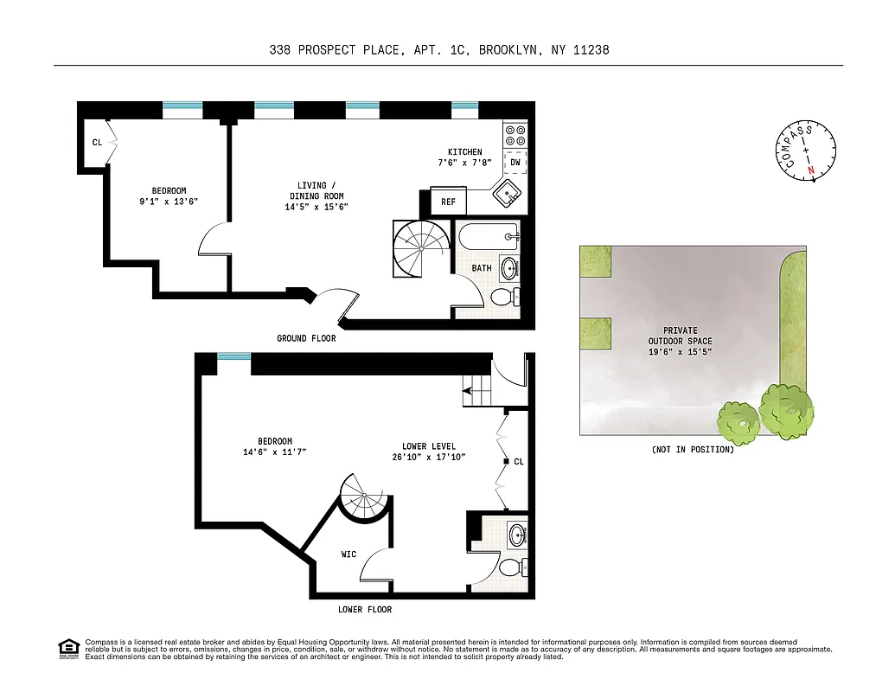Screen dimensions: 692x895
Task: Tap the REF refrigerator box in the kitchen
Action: tap(448, 202)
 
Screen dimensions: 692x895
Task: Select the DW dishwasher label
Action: tap(515, 162)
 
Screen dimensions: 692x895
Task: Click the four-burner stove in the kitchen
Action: tap(515, 134)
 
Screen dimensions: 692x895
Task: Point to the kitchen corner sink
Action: tap(507, 193)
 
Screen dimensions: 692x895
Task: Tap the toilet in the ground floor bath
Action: tap(503, 298)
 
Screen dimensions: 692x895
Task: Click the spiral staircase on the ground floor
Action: tap(420, 248)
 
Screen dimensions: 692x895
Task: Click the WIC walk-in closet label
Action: tap(348, 554)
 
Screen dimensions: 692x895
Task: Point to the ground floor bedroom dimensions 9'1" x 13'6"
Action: tap(169, 202)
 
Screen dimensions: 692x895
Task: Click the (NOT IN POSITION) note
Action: tap(693, 450)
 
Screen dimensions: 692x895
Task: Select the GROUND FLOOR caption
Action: tap(306, 338)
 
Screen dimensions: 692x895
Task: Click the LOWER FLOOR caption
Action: tap(365, 610)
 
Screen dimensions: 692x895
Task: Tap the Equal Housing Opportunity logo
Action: tap(68, 647)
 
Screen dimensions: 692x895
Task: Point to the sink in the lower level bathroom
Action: tap(517, 533)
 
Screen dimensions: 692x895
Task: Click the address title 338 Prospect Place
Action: tap(438, 50)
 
